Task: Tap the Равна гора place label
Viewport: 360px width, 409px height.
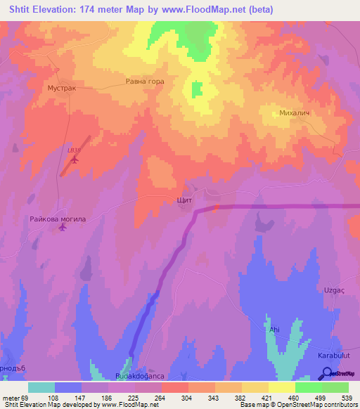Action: click(145, 82)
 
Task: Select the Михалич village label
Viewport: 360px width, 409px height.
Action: click(295, 112)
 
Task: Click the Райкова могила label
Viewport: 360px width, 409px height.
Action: click(58, 219)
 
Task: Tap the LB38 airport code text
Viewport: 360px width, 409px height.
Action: click(74, 150)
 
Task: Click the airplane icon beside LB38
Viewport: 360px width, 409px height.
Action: click(74, 160)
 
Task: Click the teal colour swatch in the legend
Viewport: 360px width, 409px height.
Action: click(41, 387)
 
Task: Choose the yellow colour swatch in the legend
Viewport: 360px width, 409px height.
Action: click(282, 387)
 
